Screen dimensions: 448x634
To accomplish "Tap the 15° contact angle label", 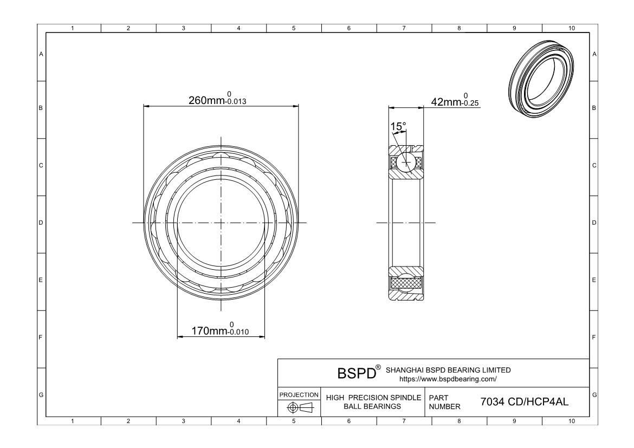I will [398, 127].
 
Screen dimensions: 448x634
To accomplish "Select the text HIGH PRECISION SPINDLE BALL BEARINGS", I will [373, 402].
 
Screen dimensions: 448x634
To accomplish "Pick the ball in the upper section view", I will [406, 161].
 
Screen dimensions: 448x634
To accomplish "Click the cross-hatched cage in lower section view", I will [406, 283].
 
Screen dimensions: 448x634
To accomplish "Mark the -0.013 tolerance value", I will [235, 102].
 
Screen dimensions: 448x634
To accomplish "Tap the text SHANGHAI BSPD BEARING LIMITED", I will [448, 370].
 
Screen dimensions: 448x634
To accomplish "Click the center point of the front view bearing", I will [221, 223].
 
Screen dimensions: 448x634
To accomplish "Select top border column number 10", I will [570, 28].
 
